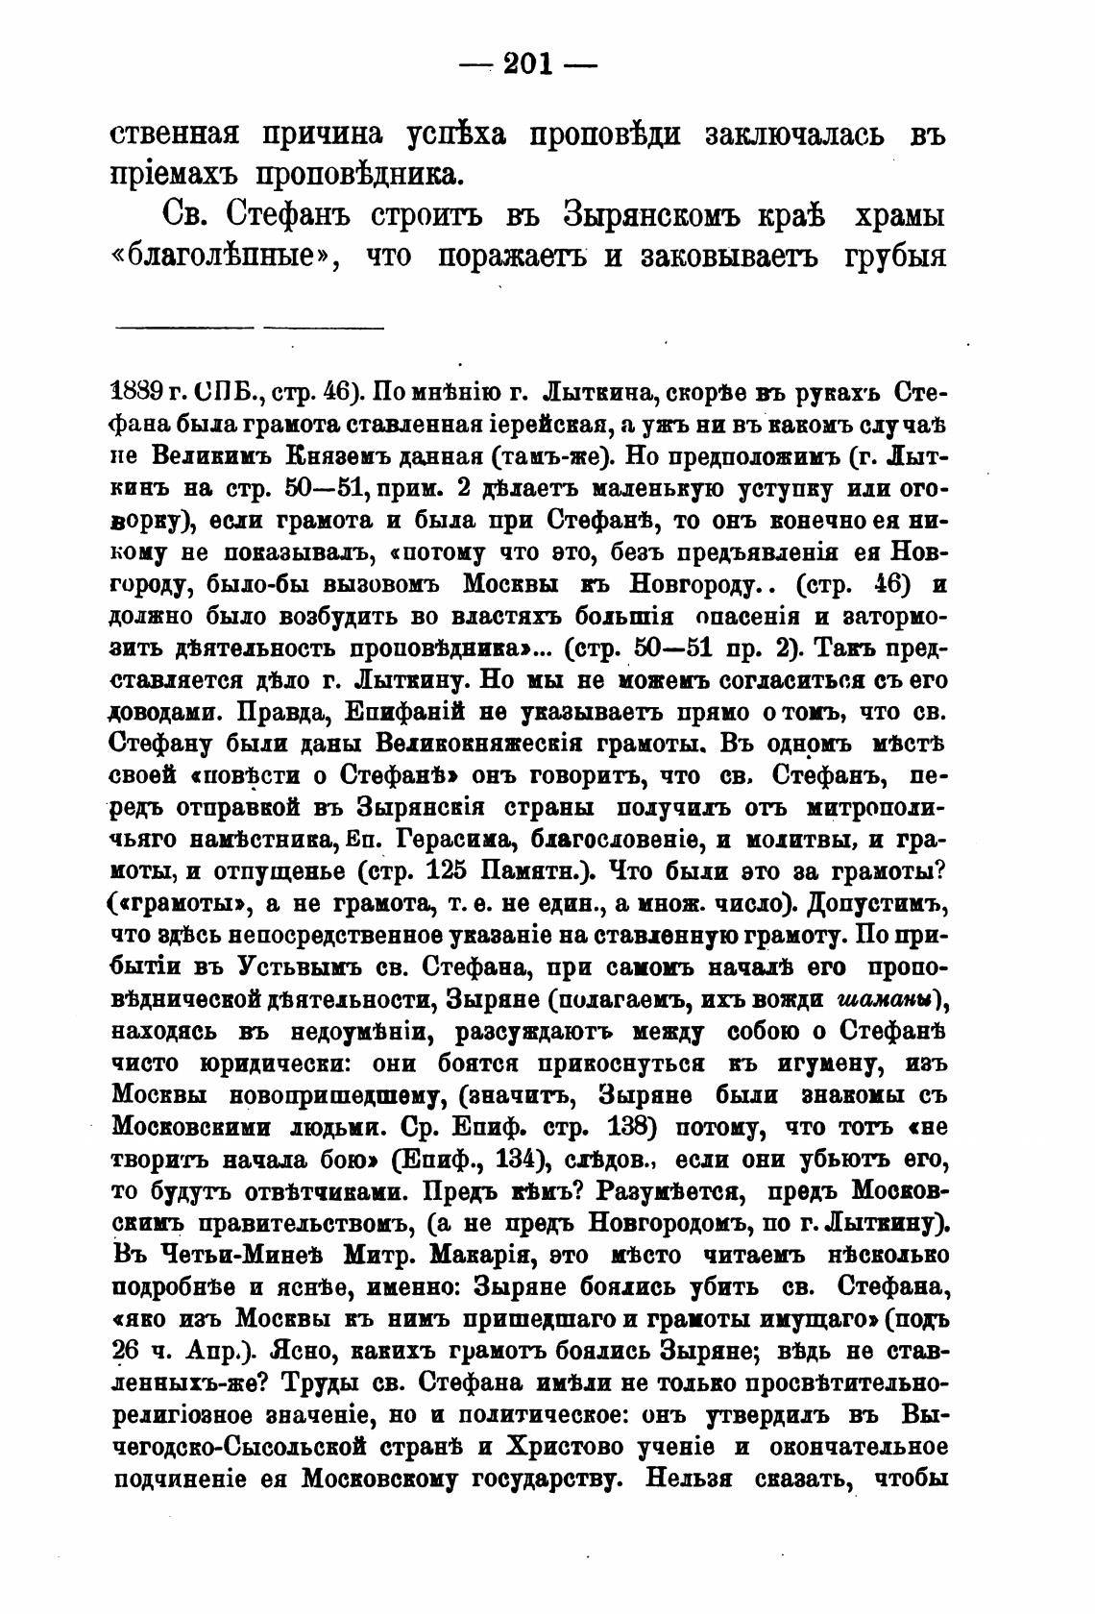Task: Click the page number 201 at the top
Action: (529, 64)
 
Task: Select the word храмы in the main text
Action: (894, 216)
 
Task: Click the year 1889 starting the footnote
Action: (140, 394)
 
